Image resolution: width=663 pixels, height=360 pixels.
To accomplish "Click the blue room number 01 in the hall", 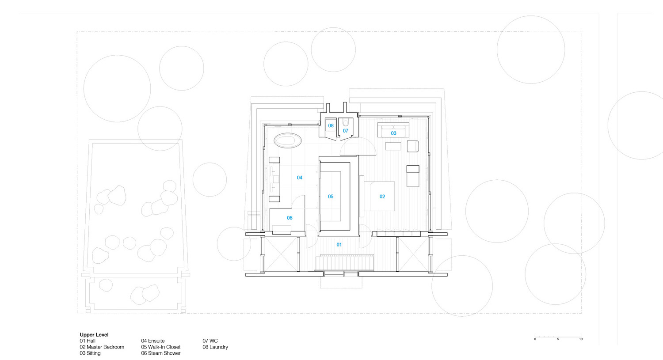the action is (x=339, y=245).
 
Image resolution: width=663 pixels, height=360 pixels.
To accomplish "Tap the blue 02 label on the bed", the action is (x=382, y=197).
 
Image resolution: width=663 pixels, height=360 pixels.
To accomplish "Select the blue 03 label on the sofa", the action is (x=394, y=133).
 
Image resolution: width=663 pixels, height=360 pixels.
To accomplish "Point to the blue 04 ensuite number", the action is (x=300, y=178).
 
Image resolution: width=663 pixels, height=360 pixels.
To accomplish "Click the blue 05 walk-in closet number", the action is (x=331, y=197).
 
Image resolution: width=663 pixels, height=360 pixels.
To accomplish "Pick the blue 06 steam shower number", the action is (x=290, y=218).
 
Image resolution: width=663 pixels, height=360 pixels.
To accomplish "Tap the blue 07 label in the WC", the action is (x=346, y=131).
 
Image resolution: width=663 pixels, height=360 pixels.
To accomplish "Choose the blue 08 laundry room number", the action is (x=331, y=126).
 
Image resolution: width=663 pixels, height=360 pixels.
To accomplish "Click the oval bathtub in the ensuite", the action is (x=288, y=140).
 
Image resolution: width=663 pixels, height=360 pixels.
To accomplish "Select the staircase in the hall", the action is (x=344, y=262).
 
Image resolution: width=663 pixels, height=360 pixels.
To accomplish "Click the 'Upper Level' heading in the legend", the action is (x=94, y=335).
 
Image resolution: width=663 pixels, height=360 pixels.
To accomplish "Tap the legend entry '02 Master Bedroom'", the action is (x=102, y=347).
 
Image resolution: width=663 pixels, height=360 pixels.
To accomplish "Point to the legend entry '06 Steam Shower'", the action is (x=161, y=353).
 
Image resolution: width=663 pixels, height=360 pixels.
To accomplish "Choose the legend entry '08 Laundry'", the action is (x=215, y=347).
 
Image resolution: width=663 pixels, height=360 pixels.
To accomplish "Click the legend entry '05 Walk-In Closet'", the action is (x=161, y=347).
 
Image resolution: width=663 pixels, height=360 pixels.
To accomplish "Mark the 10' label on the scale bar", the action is (x=581, y=339).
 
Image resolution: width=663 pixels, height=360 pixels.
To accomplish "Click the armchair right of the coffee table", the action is (x=412, y=146).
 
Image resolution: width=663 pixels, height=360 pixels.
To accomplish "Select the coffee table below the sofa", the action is (x=393, y=146).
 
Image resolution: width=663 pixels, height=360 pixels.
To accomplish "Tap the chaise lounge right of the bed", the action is (x=413, y=176).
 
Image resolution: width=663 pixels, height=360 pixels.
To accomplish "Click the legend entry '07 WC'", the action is (x=210, y=341).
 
